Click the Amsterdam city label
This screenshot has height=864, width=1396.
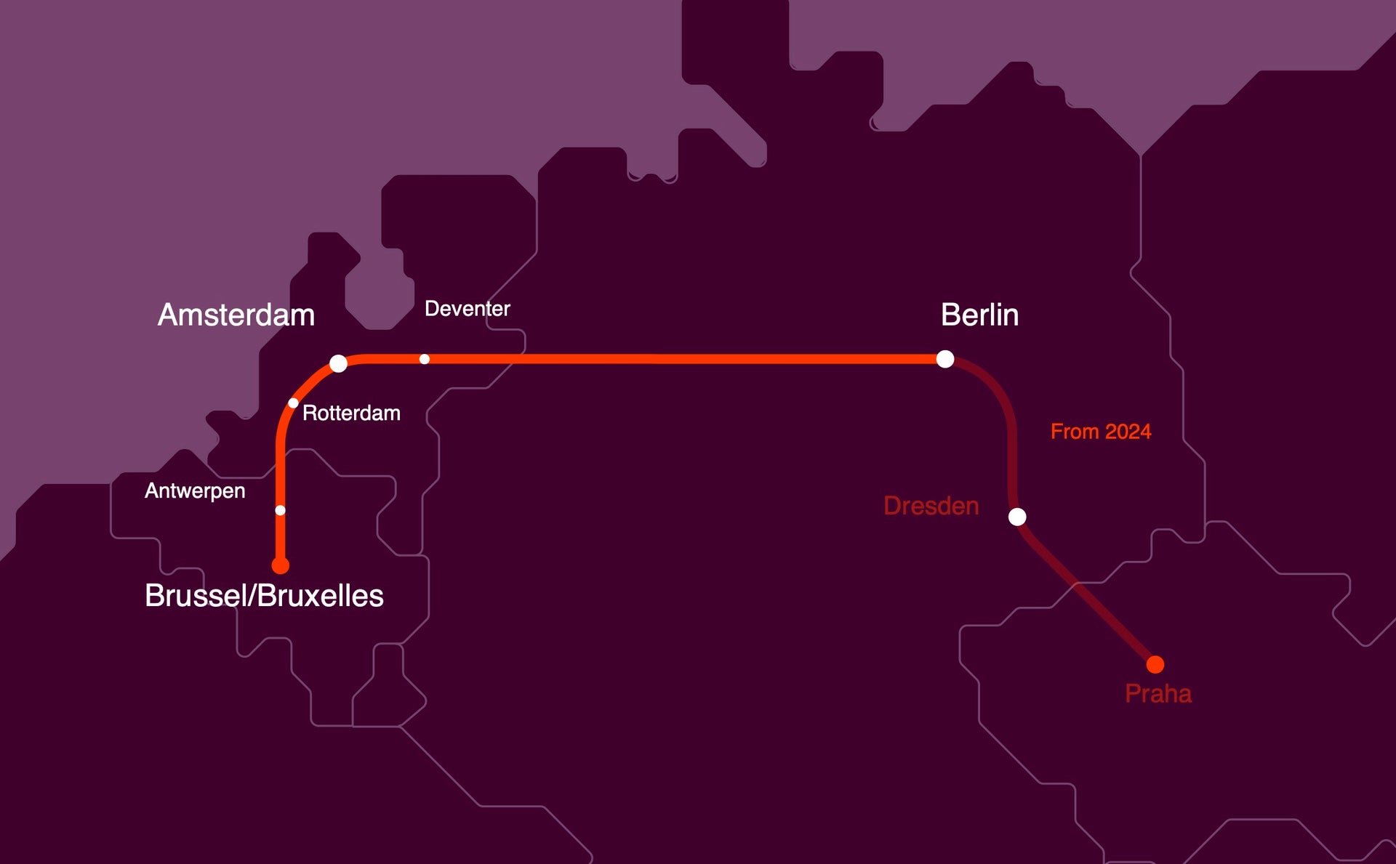[x=236, y=315]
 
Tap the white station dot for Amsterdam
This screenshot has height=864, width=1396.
[x=338, y=363]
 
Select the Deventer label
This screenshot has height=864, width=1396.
[x=467, y=309]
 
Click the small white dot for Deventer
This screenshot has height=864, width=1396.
[x=425, y=359]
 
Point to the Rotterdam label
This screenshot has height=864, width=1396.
[x=351, y=413]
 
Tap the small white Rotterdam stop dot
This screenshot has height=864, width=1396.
[x=293, y=403]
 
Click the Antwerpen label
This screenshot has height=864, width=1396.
[x=195, y=491]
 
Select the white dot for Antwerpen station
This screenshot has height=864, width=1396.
[x=281, y=510]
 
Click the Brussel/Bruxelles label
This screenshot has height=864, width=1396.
[x=264, y=596]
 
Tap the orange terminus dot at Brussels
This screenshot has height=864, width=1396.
[x=281, y=565]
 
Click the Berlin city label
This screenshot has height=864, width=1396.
[x=979, y=315]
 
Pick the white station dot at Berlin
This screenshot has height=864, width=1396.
[x=945, y=359]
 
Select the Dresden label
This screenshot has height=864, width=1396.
[x=931, y=506]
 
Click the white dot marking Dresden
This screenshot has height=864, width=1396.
[x=1017, y=517]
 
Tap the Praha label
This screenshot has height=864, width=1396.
[x=1158, y=694]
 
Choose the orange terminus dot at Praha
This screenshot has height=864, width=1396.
[x=1155, y=664]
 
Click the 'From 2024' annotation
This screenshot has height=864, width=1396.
[x=1101, y=432]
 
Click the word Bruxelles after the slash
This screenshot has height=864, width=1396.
[x=320, y=596]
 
